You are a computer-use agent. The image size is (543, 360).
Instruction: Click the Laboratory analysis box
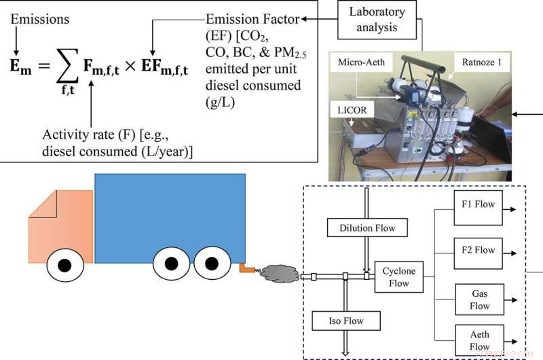pyautogui.click(x=386, y=19)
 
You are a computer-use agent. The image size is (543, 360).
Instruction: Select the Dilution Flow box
pyautogui.click(x=367, y=228)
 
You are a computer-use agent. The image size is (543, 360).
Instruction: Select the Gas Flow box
pyautogui.click(x=479, y=300)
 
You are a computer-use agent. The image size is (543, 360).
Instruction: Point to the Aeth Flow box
pyautogui.click(x=479, y=340)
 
